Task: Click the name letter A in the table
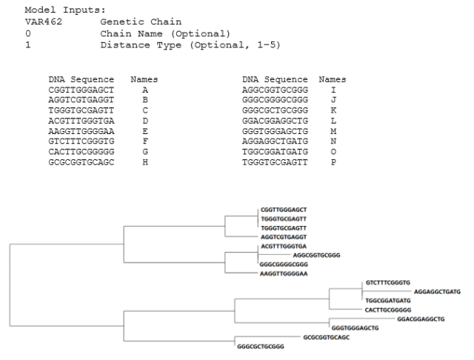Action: (144, 89)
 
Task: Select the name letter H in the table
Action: (144, 161)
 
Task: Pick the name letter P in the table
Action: (333, 161)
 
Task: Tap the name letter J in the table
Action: (333, 99)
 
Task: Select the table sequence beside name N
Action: (273, 141)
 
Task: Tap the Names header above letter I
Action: (333, 79)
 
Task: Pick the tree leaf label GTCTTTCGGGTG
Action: (387, 283)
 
